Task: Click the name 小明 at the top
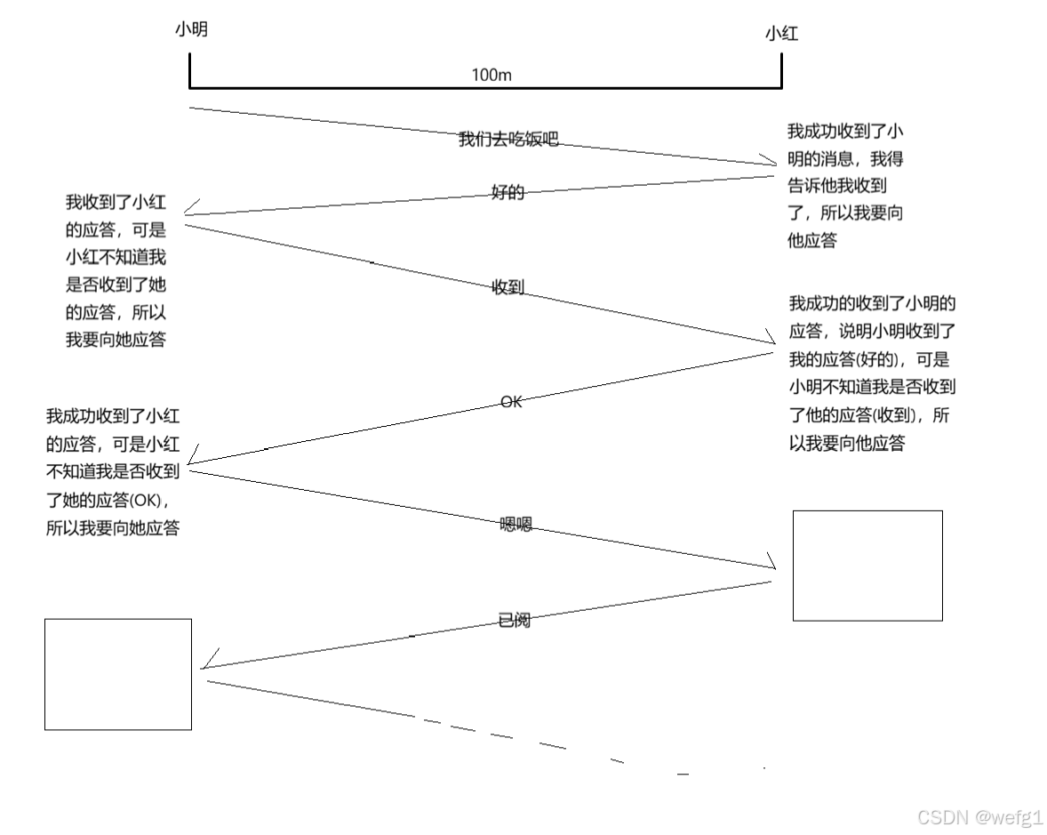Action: point(191,30)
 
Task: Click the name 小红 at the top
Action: point(781,35)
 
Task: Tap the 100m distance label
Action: point(491,76)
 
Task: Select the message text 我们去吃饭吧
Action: point(508,139)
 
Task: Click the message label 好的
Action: point(508,192)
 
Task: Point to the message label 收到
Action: point(508,287)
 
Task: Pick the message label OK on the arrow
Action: point(511,402)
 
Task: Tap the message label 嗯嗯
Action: point(516,525)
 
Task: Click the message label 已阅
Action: point(515,621)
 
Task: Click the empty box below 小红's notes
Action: point(867,566)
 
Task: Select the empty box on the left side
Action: point(118,674)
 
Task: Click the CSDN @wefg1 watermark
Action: point(979,816)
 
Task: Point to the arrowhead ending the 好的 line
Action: point(189,209)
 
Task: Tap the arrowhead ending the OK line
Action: point(193,458)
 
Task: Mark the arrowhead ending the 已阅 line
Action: point(206,662)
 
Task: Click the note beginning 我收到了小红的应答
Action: point(116,271)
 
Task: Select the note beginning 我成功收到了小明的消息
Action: point(845,186)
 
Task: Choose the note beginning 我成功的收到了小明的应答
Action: point(872,373)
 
